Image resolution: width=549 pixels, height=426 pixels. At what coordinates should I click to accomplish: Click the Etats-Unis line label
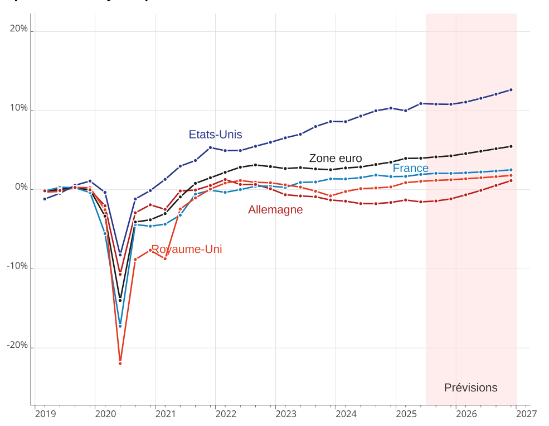(x=215, y=135)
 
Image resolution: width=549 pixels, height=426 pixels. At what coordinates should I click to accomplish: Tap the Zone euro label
(x=335, y=159)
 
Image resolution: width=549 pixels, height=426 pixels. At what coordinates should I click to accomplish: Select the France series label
(x=410, y=169)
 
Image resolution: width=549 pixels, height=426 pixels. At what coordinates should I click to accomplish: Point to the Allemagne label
(x=275, y=210)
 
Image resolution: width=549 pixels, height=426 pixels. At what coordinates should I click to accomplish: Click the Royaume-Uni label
(x=186, y=250)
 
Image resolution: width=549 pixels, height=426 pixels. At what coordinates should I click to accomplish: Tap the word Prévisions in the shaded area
(x=470, y=388)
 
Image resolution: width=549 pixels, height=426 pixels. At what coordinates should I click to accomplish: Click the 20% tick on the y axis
(x=19, y=28)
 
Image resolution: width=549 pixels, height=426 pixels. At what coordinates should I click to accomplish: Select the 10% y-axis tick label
(x=19, y=108)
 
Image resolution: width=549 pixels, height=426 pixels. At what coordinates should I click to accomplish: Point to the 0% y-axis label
(x=21, y=187)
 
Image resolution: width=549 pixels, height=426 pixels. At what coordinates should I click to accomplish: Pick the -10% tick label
(x=17, y=266)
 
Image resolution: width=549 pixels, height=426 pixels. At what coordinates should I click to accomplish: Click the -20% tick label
(x=17, y=346)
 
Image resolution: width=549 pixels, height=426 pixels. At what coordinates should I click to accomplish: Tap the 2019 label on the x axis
(x=45, y=414)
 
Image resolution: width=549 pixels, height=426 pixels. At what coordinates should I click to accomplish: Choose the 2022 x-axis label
(x=226, y=414)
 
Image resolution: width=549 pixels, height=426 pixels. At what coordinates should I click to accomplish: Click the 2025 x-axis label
(x=406, y=414)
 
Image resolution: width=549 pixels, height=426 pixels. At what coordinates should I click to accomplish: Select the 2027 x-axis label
(x=526, y=414)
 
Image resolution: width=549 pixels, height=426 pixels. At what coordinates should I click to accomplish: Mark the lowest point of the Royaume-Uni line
(x=120, y=363)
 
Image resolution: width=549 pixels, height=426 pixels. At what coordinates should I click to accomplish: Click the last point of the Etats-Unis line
(x=511, y=90)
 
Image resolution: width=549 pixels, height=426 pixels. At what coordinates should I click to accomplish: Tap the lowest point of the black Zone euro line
(x=120, y=300)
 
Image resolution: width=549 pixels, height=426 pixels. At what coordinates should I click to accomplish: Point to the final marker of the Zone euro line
(x=511, y=146)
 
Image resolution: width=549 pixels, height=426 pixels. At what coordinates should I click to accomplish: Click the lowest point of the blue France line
(x=120, y=326)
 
